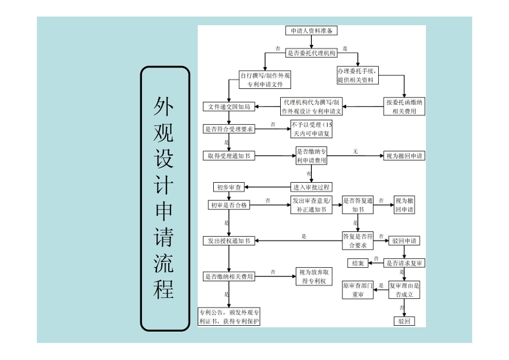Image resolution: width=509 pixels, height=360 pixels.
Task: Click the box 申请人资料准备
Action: [x=311, y=31]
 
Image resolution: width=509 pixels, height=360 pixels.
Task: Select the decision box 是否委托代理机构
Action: [x=311, y=53]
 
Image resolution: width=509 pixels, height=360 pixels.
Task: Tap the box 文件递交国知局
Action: [x=229, y=107]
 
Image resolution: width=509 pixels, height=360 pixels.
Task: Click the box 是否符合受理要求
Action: [x=229, y=129]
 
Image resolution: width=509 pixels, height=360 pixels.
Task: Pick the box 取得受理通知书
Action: [x=229, y=156]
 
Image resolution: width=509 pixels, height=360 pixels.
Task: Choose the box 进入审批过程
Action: [x=311, y=187]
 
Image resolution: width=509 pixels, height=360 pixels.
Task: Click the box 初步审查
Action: [x=229, y=187]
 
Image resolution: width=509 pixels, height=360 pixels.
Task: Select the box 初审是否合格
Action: [x=229, y=205]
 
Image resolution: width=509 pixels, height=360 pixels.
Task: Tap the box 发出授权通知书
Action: [x=229, y=241]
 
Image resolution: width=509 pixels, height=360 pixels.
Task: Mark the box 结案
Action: [x=358, y=263]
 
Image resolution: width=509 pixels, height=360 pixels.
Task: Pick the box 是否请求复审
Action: [x=405, y=263]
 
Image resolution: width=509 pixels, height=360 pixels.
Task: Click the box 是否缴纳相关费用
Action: [x=229, y=276]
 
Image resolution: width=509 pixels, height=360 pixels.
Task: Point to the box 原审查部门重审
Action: [x=358, y=290]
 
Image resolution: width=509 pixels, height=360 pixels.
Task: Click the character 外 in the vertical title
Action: [x=164, y=108]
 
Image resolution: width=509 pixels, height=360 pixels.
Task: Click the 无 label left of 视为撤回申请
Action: [x=355, y=152]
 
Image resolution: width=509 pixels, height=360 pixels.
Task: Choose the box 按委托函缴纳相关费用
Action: [x=405, y=107]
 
